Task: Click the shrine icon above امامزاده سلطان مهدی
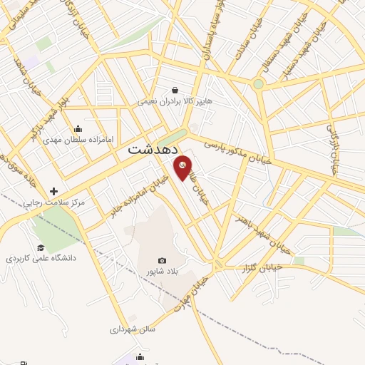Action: [77, 128]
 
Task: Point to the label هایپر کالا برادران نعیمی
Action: [175, 101]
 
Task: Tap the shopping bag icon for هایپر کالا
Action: [175, 90]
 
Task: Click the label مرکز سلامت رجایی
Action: [54, 203]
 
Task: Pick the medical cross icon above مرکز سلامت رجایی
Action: [54, 191]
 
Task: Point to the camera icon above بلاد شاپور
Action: [162, 260]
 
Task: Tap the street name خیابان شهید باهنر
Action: [261, 230]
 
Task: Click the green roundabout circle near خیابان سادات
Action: [259, 83]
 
